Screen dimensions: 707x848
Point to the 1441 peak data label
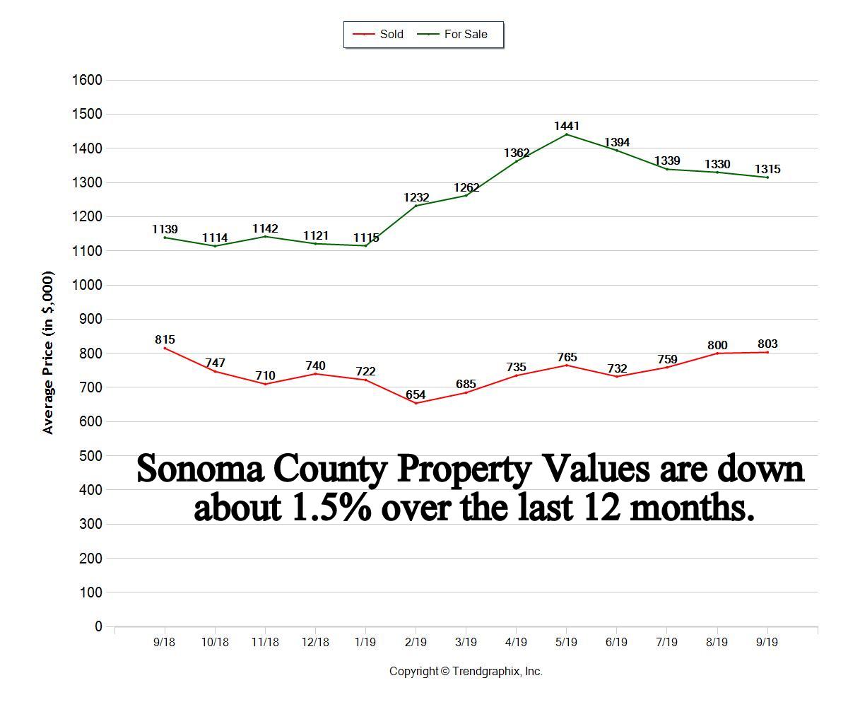point(567,126)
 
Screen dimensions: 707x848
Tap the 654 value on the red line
point(416,395)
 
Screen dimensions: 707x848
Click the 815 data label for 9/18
point(165,339)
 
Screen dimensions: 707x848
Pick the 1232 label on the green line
point(416,198)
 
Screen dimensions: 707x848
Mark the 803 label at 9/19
point(767,344)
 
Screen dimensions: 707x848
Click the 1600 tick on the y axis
point(87,80)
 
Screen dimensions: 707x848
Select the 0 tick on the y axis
point(98,626)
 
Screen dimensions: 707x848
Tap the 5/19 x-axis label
point(566,643)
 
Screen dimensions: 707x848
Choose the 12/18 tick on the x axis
point(315,643)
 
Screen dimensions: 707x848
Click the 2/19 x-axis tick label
point(416,643)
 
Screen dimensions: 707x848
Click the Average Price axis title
point(48,352)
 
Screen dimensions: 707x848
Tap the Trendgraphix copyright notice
point(466,672)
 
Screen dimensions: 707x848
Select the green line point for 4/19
point(516,161)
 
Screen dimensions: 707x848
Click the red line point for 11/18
point(265,384)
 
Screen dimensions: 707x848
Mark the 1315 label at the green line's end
point(767,169)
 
